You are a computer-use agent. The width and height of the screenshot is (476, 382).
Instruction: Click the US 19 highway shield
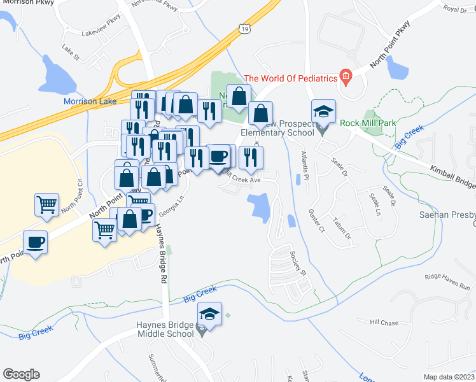pos(244,28)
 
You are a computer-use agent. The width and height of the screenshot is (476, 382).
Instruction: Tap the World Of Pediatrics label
pos(290,78)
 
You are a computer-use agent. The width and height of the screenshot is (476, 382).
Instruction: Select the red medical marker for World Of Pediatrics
pos(346,78)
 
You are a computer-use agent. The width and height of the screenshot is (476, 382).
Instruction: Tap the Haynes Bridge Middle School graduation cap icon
pos(209,314)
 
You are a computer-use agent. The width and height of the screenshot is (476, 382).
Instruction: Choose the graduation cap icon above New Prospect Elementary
pos(323,111)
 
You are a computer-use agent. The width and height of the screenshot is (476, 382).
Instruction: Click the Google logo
pos(21,374)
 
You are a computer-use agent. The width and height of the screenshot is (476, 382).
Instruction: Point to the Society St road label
pos(298,264)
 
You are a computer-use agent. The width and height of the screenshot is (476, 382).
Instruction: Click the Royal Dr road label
pos(455,9)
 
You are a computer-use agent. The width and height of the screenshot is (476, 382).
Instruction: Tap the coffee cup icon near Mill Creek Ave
pos(218,156)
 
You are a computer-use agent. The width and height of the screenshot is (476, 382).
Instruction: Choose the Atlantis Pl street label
pos(304,167)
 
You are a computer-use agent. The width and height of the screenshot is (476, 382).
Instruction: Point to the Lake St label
pos(71,48)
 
